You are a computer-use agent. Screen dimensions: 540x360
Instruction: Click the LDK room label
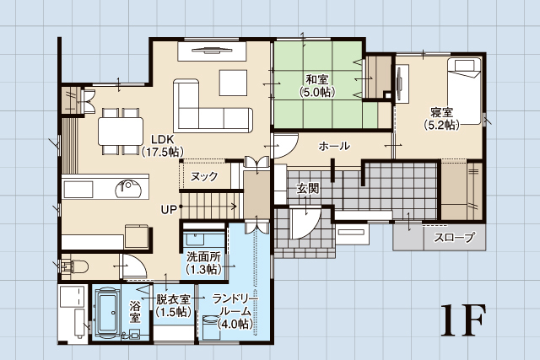(163, 145)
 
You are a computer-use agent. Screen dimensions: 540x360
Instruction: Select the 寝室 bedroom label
(441, 118)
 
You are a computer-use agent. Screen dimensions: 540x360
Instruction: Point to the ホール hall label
(334, 146)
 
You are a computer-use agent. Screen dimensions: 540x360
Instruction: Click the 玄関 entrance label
(308, 188)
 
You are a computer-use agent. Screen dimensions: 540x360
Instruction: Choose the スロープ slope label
(454, 237)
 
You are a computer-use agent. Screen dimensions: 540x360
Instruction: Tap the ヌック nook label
(204, 176)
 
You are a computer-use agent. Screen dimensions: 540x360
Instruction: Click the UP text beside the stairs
(169, 209)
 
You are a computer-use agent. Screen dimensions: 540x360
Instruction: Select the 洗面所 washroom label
(204, 263)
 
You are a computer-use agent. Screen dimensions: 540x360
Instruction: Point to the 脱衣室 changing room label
(173, 305)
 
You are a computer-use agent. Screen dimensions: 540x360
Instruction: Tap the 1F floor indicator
(463, 320)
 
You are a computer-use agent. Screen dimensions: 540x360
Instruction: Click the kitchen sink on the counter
(128, 189)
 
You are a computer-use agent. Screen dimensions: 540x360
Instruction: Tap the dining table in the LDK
(121, 132)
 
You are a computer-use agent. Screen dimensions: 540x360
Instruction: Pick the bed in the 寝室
(463, 91)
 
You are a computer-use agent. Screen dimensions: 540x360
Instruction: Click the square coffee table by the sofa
(233, 83)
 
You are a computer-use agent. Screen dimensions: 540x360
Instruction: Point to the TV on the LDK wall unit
(212, 51)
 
